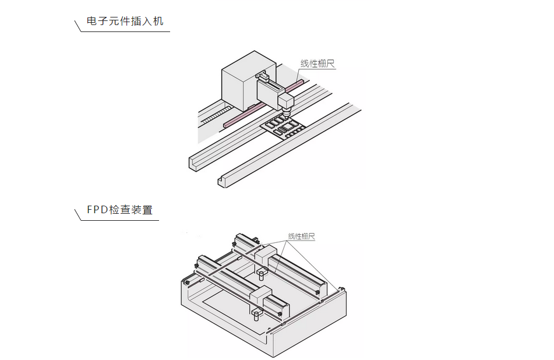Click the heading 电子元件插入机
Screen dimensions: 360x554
point(125,22)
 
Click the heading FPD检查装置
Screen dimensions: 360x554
point(119,210)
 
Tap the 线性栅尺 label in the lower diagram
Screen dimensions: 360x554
point(301,237)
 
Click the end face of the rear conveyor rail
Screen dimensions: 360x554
point(193,163)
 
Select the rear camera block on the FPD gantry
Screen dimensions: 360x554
point(264,256)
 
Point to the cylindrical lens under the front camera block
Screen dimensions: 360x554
point(255,317)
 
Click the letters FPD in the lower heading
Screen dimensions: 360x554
point(97,210)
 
